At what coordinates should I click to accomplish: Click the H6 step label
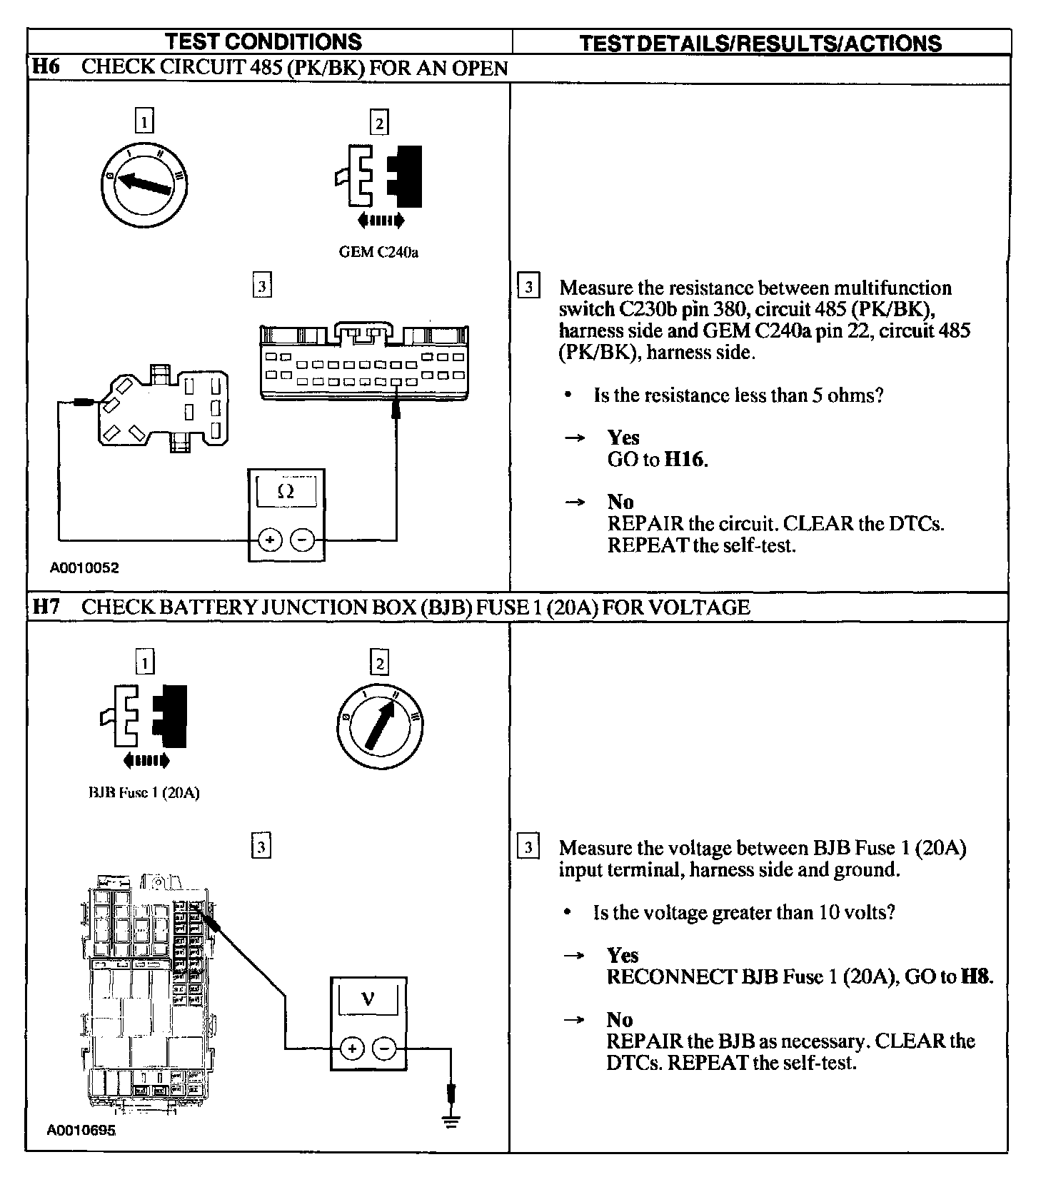46,68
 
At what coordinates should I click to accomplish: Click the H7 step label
46,607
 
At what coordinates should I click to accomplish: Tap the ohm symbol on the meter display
286,491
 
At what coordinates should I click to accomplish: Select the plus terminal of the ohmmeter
269,540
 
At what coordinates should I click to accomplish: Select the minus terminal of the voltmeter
384,1049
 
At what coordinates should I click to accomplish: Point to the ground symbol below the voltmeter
450,1121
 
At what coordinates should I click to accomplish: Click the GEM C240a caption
378,253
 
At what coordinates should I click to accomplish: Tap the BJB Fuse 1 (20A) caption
144,793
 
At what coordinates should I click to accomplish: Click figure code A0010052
84,568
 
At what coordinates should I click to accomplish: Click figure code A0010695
81,1131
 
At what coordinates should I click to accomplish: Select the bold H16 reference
685,460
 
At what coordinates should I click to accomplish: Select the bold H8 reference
976,976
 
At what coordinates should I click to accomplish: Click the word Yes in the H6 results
623,438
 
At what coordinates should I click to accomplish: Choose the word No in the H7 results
620,1019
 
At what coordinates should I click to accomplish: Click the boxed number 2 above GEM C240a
379,123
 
